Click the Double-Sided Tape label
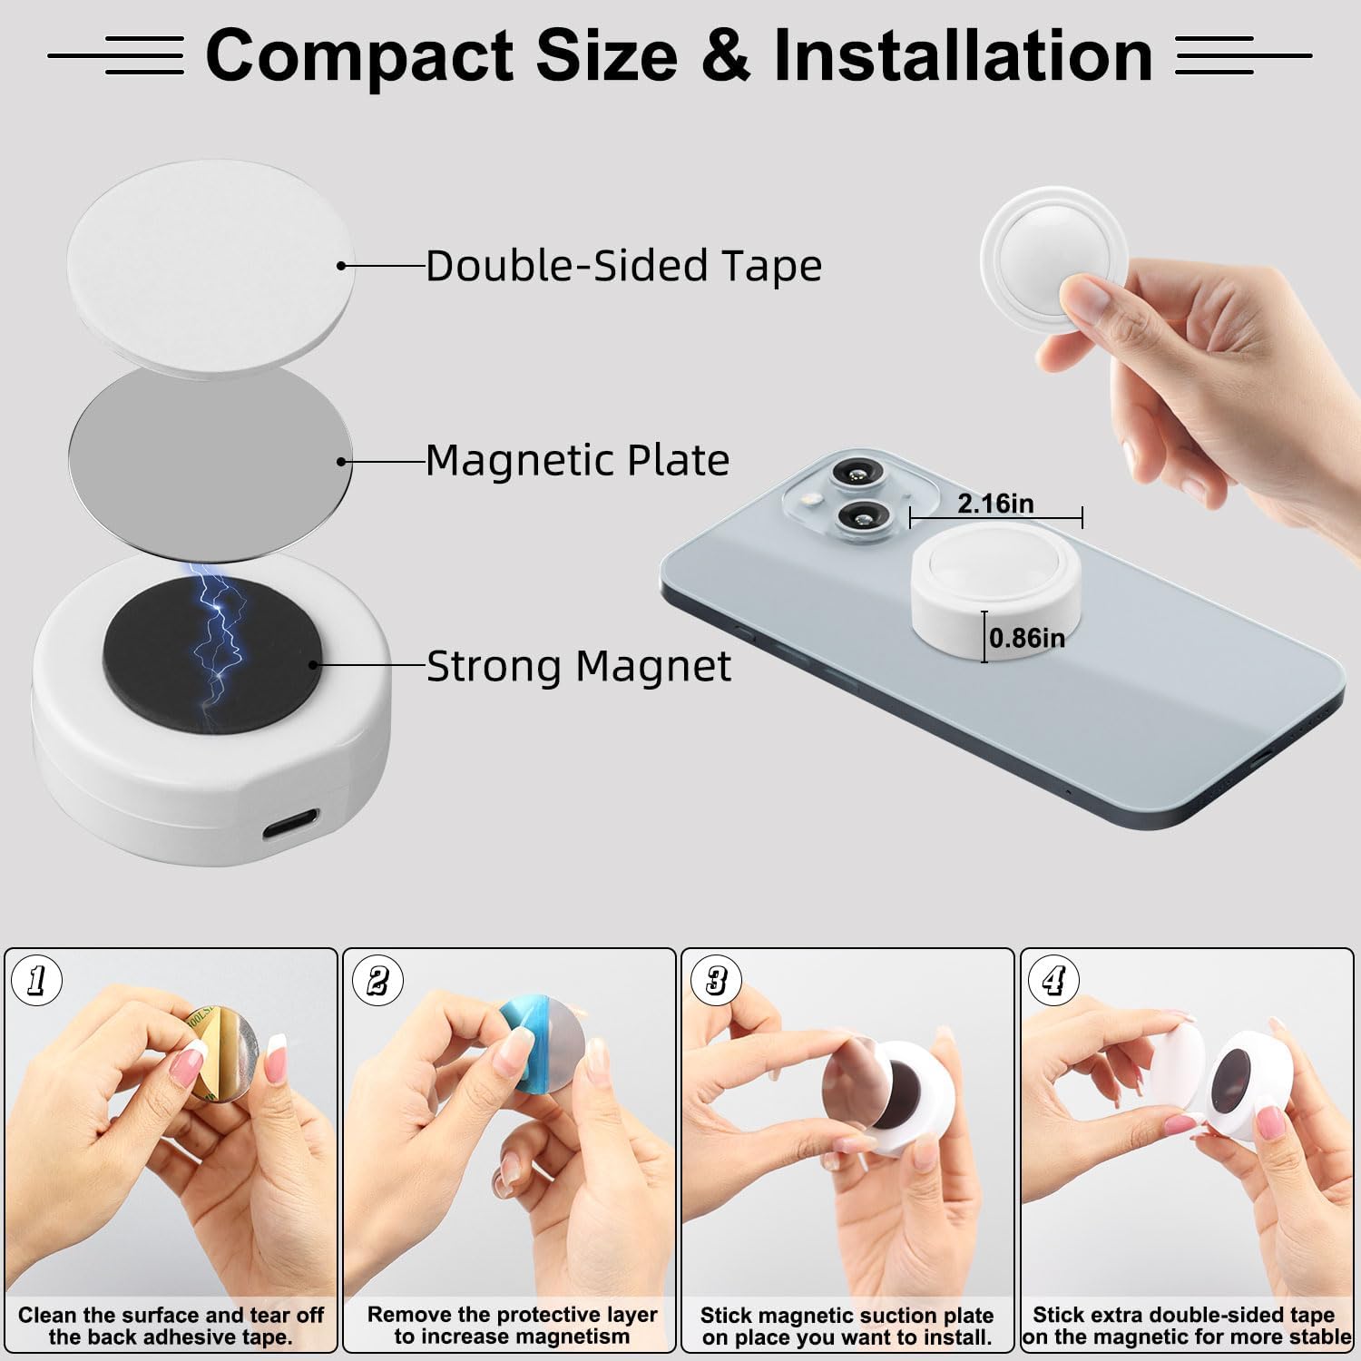tap(624, 266)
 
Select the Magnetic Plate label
tap(578, 460)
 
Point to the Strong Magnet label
tap(579, 667)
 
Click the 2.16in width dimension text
tap(995, 504)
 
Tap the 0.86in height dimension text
tap(1027, 638)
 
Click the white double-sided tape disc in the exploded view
tap(210, 266)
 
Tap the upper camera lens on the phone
tap(854, 471)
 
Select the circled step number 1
tap(37, 980)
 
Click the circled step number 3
tap(716, 980)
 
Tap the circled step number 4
tap(1053, 980)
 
